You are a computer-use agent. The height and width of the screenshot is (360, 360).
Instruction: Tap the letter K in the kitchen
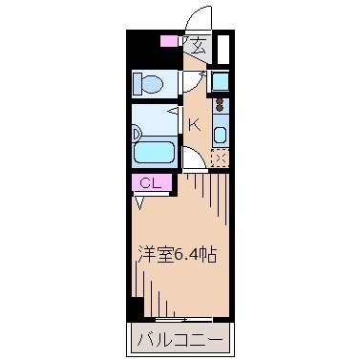click(x=192, y=124)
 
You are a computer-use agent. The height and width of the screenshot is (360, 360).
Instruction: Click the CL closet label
click(x=151, y=182)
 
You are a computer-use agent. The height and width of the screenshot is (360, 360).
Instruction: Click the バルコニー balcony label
click(x=178, y=340)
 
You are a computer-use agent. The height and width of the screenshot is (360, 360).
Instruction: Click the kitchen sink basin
click(x=219, y=134)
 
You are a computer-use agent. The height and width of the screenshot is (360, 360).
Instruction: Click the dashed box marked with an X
click(x=220, y=159)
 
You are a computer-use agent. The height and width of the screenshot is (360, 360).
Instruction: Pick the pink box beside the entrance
click(x=170, y=41)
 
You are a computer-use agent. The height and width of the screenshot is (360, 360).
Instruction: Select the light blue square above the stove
click(x=220, y=79)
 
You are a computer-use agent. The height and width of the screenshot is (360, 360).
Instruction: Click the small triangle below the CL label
click(x=142, y=201)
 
